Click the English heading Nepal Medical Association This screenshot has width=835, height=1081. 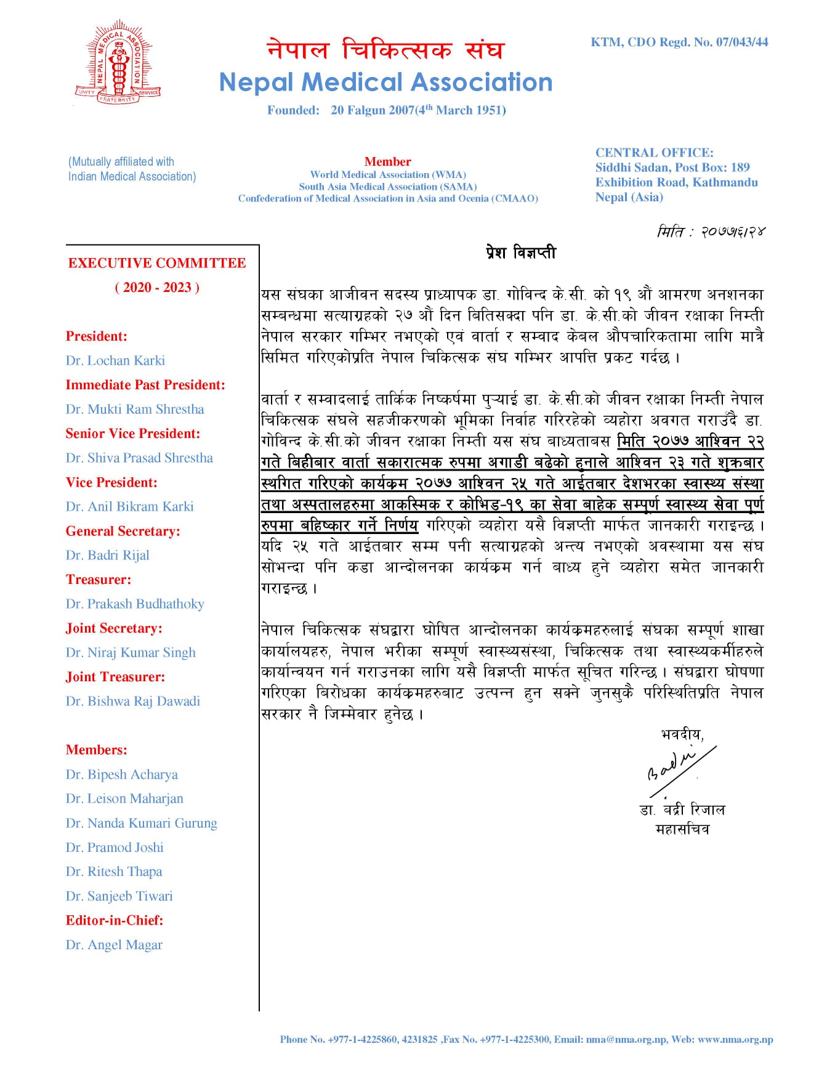pos(385,83)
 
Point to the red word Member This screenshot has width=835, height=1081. pos(387,161)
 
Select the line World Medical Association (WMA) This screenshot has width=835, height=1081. pos(388,174)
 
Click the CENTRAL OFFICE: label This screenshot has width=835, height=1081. pos(654,153)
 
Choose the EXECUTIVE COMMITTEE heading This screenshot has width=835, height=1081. pos(157,263)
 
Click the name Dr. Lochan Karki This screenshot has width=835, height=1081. pos(115,360)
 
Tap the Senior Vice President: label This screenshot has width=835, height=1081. pos(133,434)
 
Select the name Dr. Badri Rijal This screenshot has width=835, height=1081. pos(108,555)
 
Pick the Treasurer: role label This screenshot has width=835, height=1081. pos(99,580)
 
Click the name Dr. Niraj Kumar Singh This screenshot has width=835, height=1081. pos(131,652)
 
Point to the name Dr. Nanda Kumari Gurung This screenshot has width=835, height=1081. pos(142,823)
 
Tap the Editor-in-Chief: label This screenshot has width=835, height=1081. pos(115,920)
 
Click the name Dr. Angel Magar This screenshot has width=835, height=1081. pos(114,945)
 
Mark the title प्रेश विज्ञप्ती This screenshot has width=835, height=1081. pos(520,253)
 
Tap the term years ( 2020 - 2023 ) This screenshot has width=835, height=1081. pos(157,288)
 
